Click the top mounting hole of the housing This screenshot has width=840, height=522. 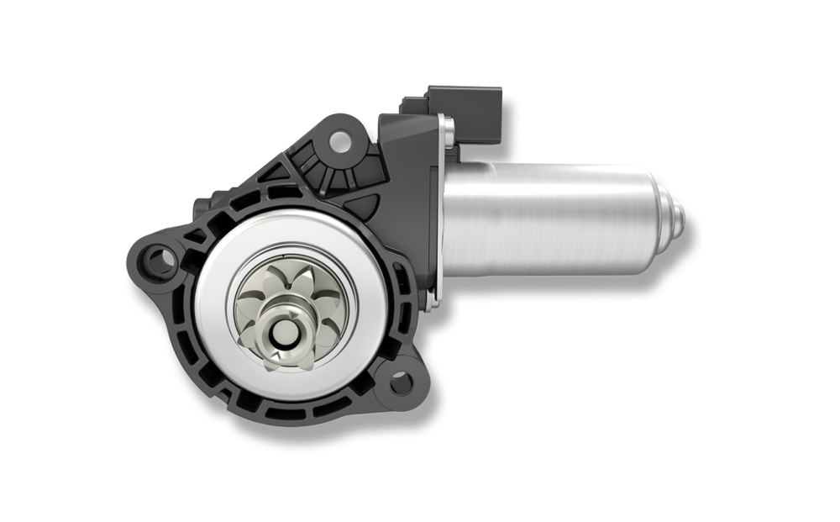pyautogui.click(x=341, y=135)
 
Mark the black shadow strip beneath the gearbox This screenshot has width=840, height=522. pyautogui.click(x=328, y=446)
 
